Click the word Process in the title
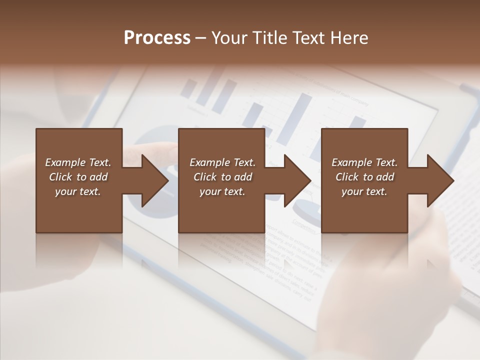click(157, 38)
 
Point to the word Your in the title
click(229, 38)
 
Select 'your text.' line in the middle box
click(222, 191)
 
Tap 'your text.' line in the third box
click(364, 191)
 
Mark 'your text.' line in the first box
click(77, 191)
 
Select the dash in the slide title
click(200, 38)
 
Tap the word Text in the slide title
click(304, 38)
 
